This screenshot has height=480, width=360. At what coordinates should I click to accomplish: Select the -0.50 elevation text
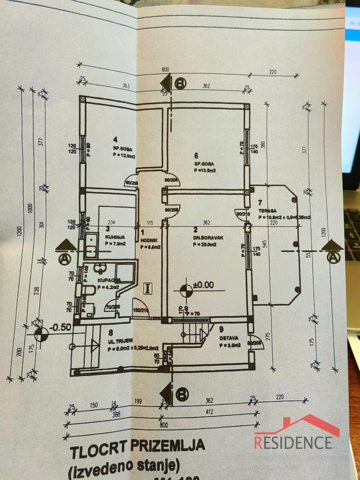tap(60, 328)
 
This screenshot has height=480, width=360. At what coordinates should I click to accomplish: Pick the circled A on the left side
tap(64, 258)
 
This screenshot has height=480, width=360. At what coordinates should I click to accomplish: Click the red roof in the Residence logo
tap(297, 425)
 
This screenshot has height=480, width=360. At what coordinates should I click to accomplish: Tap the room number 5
tap(196, 156)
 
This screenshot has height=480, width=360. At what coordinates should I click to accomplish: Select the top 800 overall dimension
tap(165, 70)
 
